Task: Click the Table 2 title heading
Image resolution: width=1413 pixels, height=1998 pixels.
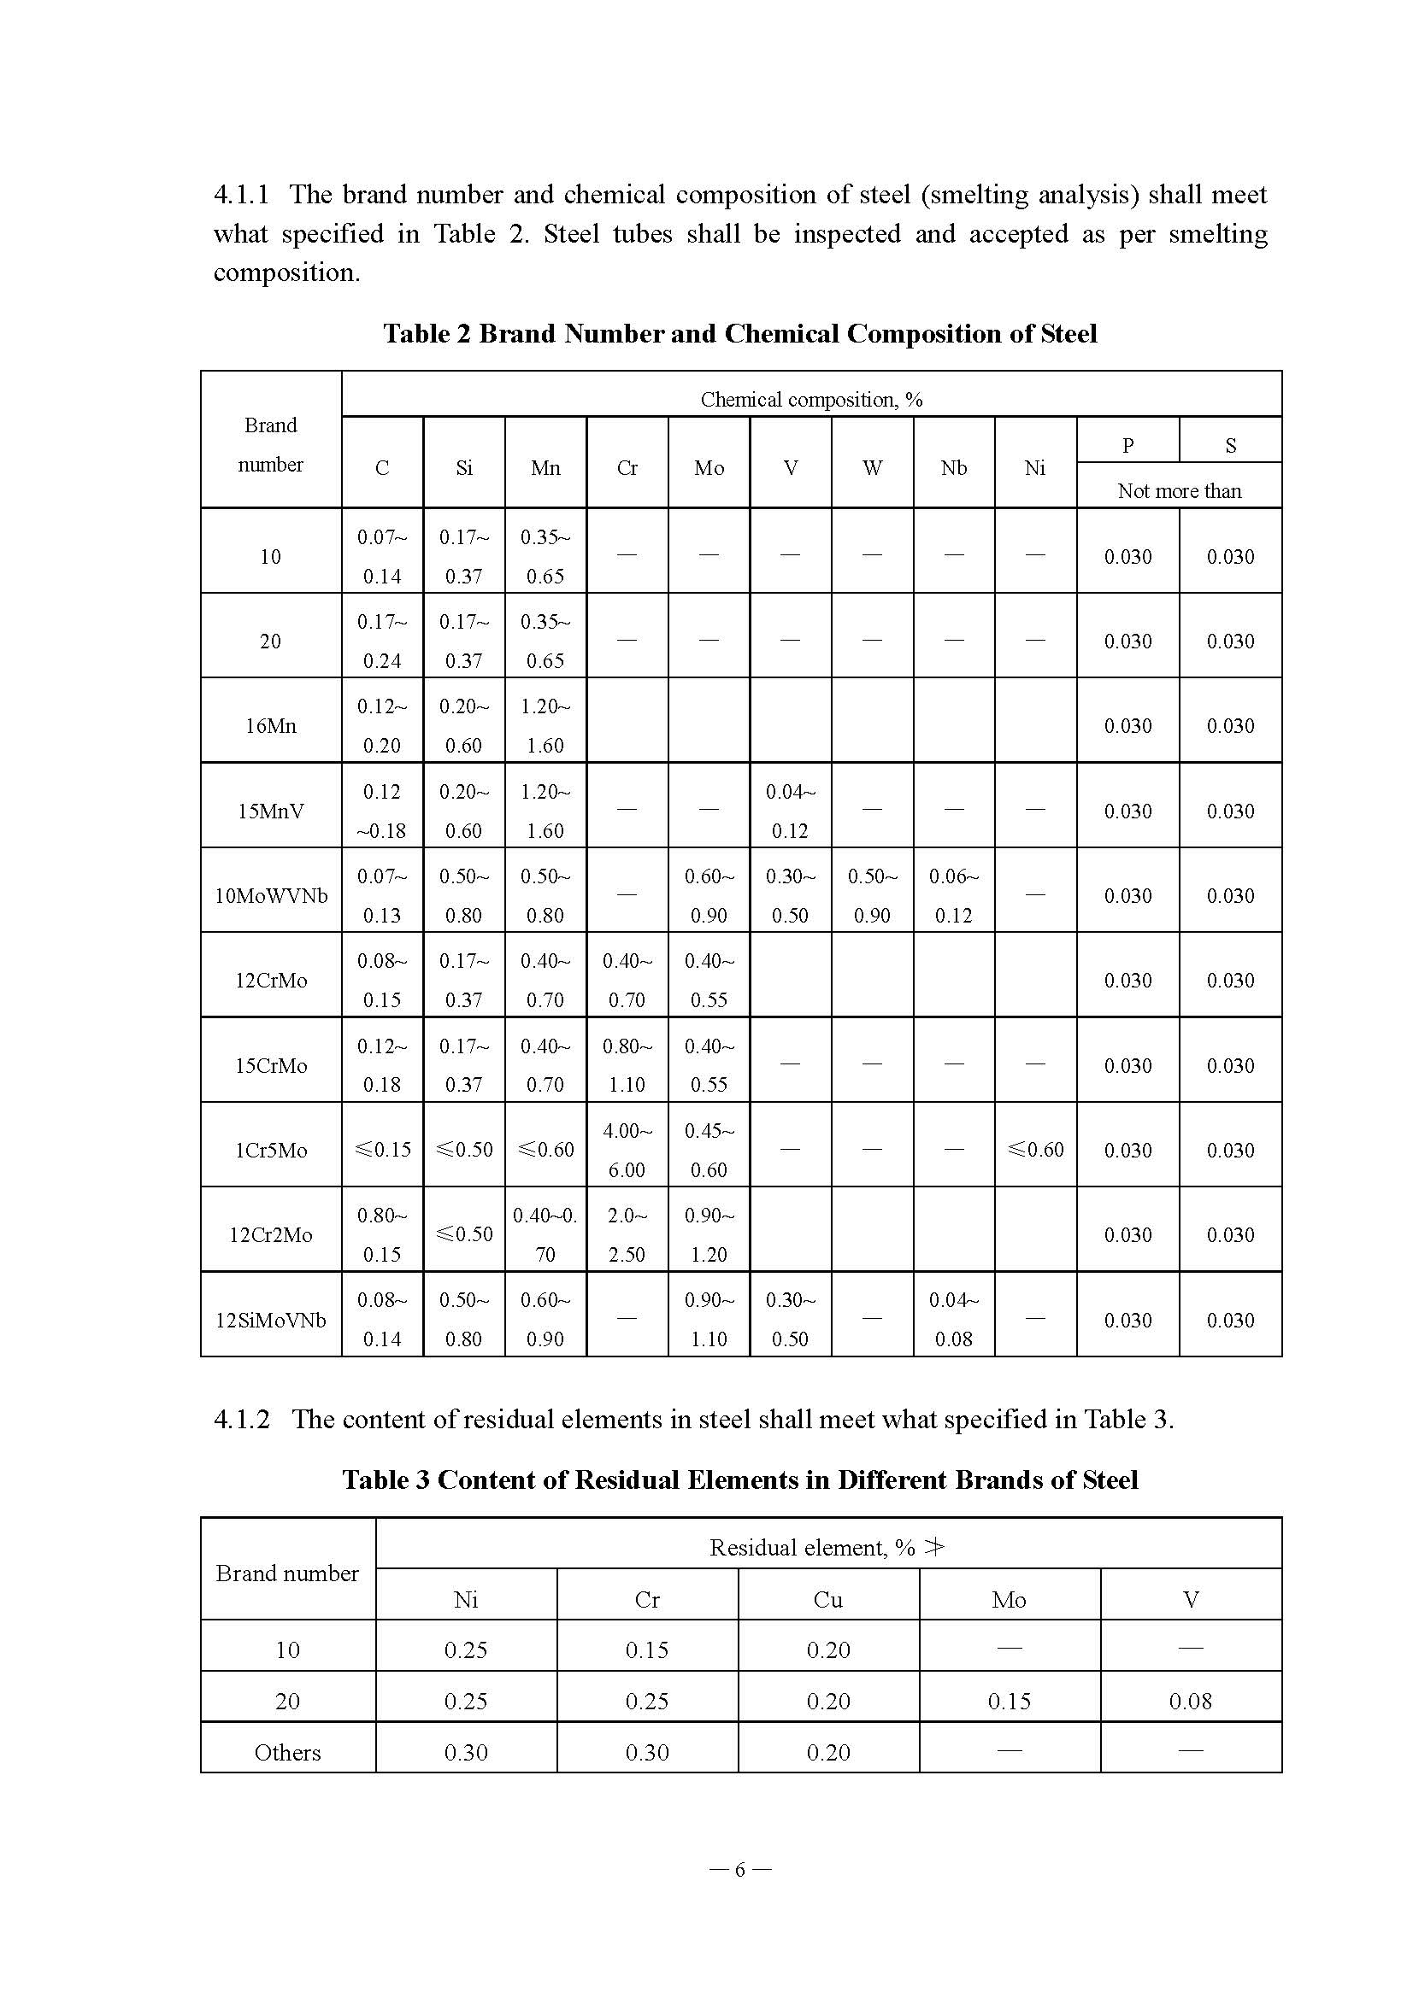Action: pos(740,334)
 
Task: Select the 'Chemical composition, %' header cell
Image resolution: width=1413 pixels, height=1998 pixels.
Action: pos(810,400)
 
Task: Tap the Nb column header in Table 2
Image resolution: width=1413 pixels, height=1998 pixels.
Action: pos(953,468)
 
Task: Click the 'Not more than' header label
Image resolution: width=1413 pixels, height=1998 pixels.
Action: pos(1179,491)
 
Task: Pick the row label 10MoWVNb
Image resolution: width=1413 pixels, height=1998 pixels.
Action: pos(271,895)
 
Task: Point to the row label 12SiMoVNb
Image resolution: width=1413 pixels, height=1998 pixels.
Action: pos(271,1320)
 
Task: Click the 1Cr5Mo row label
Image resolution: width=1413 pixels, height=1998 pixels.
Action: pos(271,1151)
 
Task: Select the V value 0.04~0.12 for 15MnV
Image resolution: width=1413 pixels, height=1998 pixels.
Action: pos(790,811)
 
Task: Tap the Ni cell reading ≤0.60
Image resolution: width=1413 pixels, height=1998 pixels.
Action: pos(1035,1150)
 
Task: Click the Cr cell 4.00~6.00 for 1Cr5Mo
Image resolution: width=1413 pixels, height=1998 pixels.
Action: pos(627,1151)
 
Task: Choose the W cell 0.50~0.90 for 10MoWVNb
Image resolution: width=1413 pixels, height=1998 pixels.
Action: pos(872,895)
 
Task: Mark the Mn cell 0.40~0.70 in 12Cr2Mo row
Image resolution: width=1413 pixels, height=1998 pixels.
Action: pos(545,1235)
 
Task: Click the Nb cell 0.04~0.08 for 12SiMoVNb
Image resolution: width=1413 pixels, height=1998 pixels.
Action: pos(953,1319)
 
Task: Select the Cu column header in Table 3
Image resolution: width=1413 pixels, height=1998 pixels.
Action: pos(828,1600)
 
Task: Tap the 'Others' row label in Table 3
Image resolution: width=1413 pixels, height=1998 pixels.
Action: pos(287,1753)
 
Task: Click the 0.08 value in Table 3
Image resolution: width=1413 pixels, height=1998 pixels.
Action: pos(1190,1702)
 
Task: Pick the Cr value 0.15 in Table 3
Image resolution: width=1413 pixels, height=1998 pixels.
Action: pos(647,1651)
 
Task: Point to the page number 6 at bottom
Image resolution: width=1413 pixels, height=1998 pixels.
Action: pos(740,1869)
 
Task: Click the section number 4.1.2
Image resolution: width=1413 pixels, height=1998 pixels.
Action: pos(241,1420)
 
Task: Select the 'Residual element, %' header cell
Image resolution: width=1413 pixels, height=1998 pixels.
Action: pos(827,1548)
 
